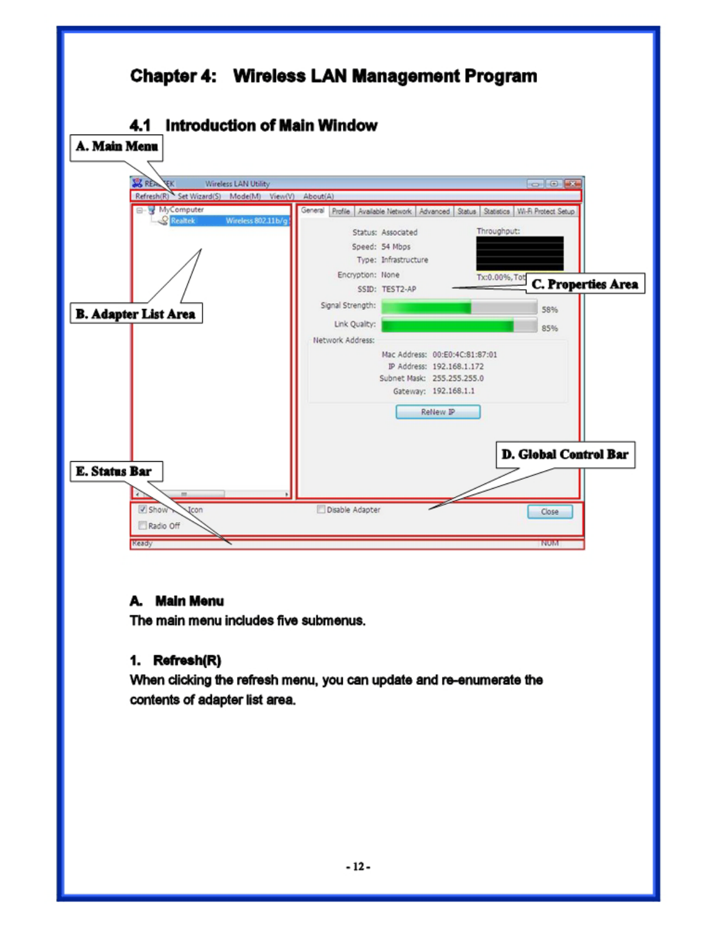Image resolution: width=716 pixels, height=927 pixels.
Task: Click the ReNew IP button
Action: (438, 412)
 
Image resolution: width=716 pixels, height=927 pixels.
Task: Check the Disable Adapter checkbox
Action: (321, 509)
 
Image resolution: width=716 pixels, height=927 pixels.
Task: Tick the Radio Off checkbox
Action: (143, 526)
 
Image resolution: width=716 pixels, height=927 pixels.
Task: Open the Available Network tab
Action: (384, 211)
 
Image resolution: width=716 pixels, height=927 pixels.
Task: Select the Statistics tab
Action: (496, 211)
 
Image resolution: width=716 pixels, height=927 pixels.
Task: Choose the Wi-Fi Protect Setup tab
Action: (545, 211)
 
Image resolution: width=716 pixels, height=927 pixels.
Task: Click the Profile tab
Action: (340, 211)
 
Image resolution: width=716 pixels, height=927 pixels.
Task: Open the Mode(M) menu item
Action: (245, 197)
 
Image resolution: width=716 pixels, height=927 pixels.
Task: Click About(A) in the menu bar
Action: (318, 197)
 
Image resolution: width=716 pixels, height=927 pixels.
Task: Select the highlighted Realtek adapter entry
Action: (228, 221)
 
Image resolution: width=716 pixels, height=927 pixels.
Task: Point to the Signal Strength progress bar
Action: (459, 307)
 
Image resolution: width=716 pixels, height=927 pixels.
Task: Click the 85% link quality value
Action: (549, 328)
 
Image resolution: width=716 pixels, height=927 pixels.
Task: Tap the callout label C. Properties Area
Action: (585, 284)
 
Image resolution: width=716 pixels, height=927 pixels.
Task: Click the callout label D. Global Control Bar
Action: (565, 455)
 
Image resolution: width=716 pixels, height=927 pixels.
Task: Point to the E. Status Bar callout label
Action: (114, 472)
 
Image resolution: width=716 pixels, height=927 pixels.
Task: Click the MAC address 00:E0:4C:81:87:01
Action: (464, 355)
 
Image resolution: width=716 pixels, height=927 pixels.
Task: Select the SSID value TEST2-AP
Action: (399, 289)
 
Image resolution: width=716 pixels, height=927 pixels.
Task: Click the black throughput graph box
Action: (519, 253)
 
